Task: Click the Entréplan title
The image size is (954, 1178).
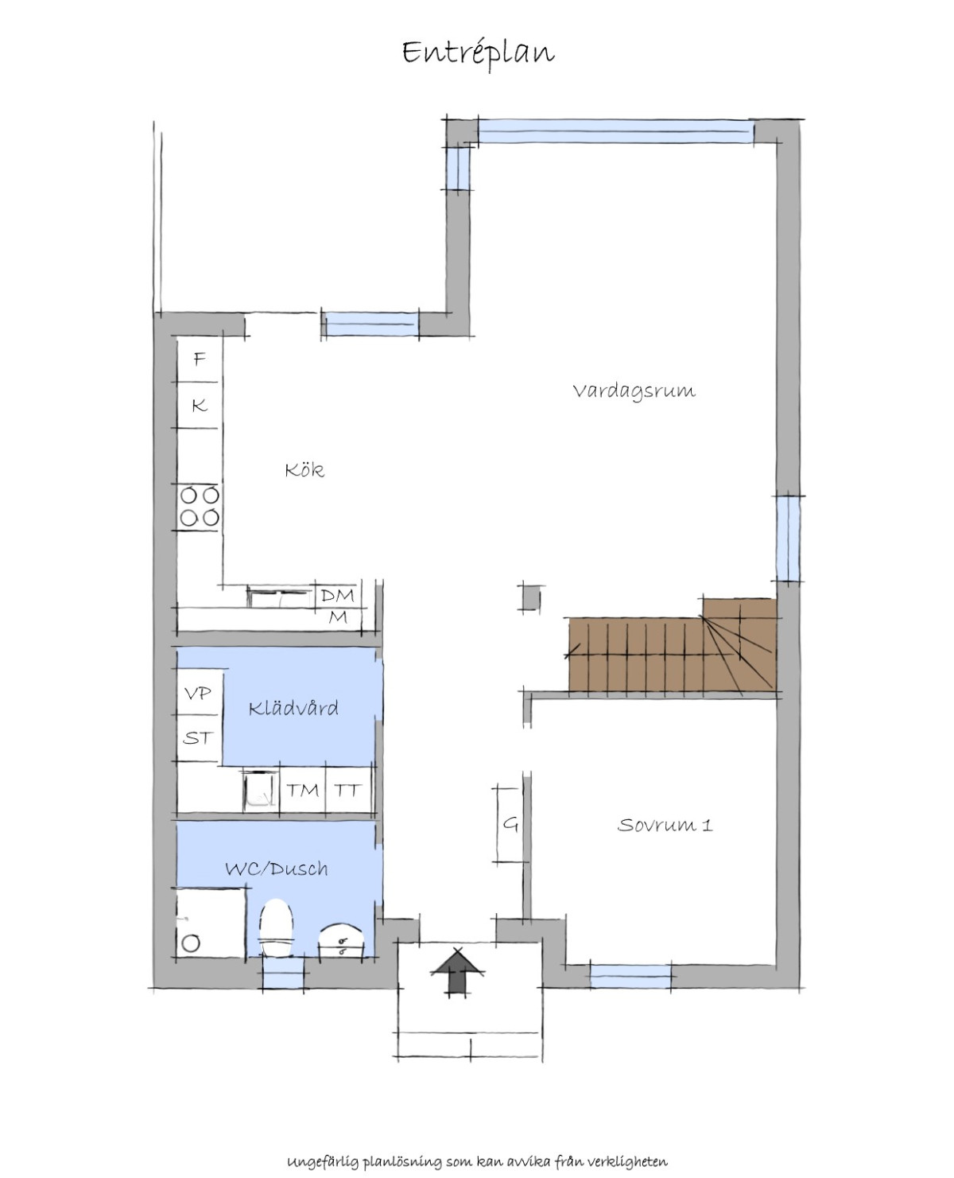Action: [478, 54]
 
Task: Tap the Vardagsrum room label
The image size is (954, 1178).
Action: [634, 391]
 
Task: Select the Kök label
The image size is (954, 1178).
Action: [304, 470]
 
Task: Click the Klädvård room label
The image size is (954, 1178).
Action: [293, 708]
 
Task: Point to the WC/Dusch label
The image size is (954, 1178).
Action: [277, 869]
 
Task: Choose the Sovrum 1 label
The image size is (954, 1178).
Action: [665, 825]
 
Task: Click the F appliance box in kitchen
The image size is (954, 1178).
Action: [199, 360]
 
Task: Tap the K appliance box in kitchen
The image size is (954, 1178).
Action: [199, 406]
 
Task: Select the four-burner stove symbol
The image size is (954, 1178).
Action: [200, 506]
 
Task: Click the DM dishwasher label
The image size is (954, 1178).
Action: [338, 595]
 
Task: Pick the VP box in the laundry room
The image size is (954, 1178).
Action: [199, 693]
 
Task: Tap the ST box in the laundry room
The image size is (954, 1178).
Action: [199, 738]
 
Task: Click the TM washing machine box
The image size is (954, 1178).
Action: [303, 789]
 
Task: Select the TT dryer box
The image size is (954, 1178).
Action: [348, 789]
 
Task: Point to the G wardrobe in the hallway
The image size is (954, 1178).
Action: [510, 823]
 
